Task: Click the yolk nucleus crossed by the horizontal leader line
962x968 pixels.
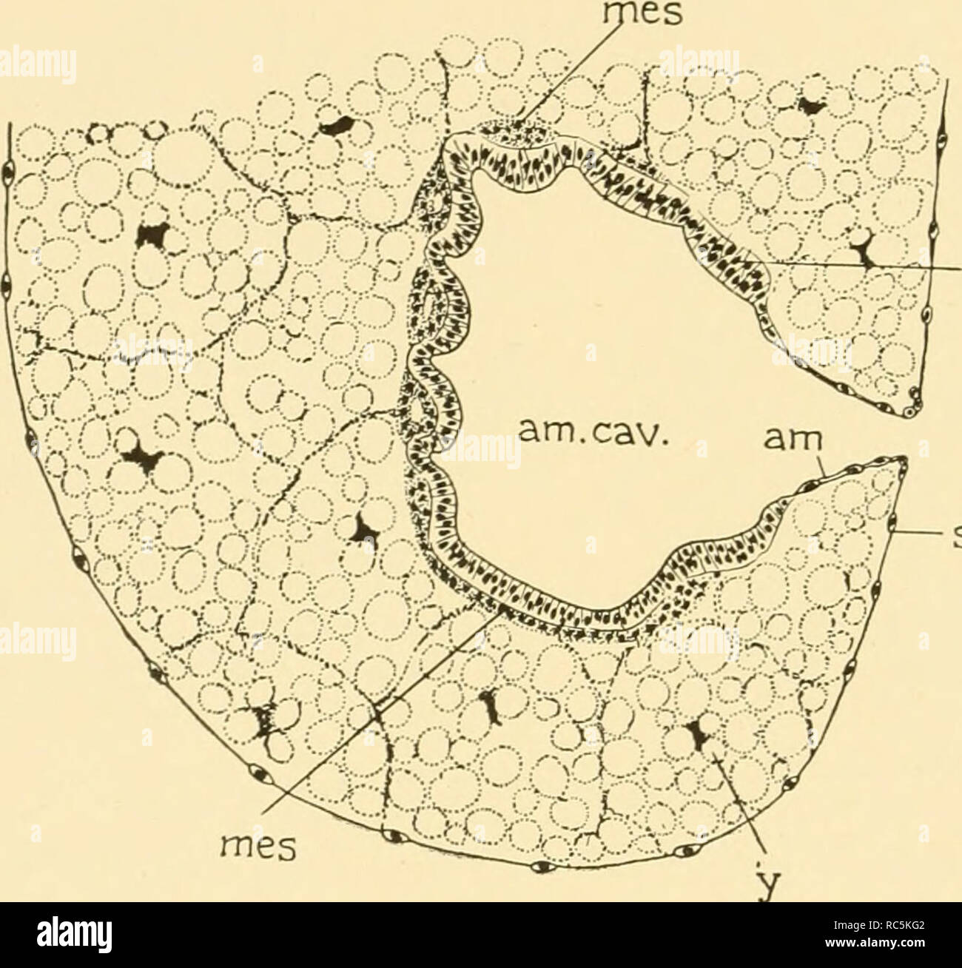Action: click(862, 255)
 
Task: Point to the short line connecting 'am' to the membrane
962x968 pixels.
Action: click(816, 471)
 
